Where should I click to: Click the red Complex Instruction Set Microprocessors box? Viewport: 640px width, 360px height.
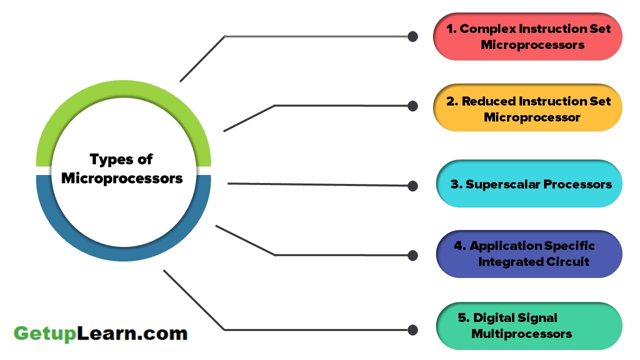(527, 36)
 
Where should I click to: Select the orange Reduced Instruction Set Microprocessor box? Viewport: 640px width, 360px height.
(527, 107)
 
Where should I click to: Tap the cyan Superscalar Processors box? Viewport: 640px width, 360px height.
(529, 184)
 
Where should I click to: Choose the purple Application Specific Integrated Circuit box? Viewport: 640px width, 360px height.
(529, 254)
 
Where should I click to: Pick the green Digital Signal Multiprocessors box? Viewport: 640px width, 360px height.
(529, 325)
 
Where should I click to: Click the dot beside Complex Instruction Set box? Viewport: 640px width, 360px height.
(412, 36)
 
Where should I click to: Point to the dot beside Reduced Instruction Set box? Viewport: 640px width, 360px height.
(412, 106)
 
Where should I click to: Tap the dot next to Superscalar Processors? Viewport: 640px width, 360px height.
(412, 186)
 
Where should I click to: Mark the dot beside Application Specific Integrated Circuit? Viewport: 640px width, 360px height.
(412, 255)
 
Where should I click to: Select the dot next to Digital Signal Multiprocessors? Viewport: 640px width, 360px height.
(412, 330)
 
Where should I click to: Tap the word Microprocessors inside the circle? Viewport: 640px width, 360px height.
(122, 178)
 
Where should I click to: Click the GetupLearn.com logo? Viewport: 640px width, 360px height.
(100, 333)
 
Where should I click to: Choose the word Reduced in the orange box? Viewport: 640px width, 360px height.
(488, 101)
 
